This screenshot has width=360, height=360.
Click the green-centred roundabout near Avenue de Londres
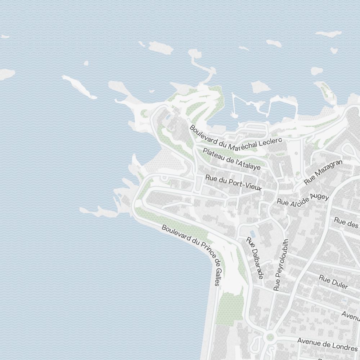(x=270, y=337)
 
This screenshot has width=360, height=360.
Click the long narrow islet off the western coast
(x=79, y=87)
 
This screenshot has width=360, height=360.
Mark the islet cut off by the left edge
(x=6, y=74)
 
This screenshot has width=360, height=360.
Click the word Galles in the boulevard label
(x=217, y=275)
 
